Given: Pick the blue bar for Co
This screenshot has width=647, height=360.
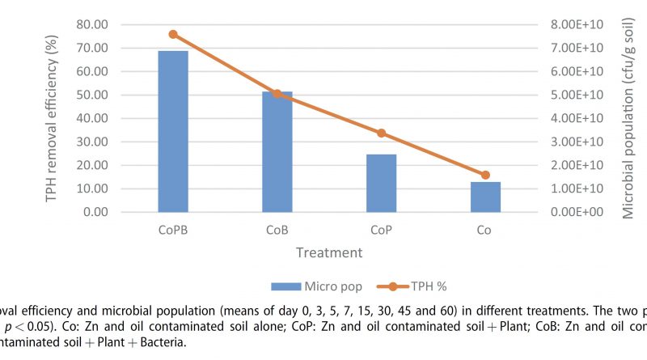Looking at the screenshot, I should tap(485, 197).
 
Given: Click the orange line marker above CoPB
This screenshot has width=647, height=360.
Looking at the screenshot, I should tap(173, 34).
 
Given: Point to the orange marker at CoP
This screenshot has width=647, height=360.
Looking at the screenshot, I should tap(381, 133).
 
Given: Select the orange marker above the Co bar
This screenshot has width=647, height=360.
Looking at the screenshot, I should tap(485, 175).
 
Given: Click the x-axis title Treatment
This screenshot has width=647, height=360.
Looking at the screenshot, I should tap(328, 252).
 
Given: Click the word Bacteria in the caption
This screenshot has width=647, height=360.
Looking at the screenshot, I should tap(160, 342).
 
